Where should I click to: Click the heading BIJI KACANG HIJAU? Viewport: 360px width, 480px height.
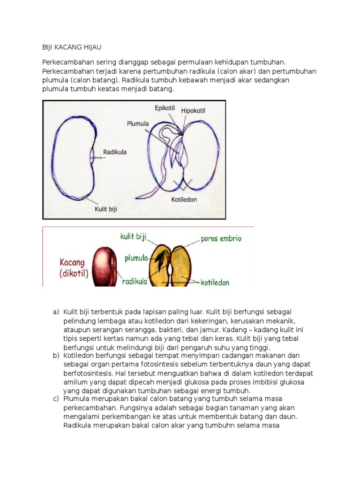72,47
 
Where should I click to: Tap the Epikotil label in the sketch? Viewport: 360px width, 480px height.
165,108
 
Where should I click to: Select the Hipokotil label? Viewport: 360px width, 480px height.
193,111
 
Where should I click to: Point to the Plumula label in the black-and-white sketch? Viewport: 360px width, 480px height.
138,124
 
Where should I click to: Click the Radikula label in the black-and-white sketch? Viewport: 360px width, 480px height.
115,152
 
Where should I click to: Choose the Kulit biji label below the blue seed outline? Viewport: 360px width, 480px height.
105,209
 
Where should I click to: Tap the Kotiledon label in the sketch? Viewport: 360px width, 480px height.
185,199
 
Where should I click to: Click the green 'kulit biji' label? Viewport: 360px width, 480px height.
134,237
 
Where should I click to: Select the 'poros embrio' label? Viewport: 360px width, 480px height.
221,239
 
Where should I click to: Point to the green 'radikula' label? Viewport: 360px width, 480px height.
135,281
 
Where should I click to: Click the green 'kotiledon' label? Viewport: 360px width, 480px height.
215,283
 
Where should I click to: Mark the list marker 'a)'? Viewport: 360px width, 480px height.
56,312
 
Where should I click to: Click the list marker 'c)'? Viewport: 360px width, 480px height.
56,399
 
